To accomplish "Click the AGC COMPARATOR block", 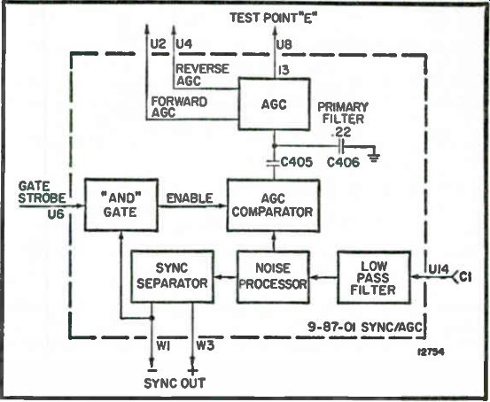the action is [273, 205].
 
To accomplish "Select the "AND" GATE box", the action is [121, 205].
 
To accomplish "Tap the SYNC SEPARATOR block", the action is [173, 276].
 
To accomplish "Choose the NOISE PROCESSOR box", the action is [273, 277].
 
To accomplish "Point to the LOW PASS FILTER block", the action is [374, 277].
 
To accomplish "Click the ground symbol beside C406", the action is [374, 158].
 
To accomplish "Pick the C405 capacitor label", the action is [297, 162].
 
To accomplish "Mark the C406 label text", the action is [343, 162].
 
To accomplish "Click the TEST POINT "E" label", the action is [274, 18].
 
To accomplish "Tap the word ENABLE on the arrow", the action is [190, 198].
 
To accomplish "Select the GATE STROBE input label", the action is [42, 192].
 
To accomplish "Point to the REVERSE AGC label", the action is [203, 75].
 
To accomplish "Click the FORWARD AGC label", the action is [179, 107].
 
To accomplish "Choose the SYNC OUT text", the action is [175, 383].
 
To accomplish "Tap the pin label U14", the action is [439, 269].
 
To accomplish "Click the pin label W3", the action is [206, 345].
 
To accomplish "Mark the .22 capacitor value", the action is [342, 133].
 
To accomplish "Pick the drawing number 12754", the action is [431, 352].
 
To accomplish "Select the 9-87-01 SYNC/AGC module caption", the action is [365, 327].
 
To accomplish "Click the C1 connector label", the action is [465, 277].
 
